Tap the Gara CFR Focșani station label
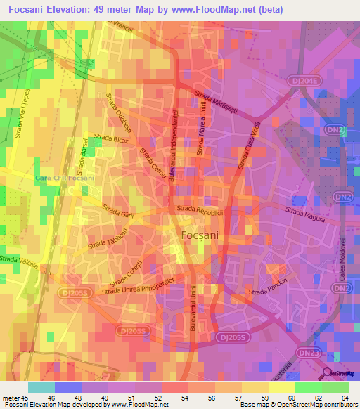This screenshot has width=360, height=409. pos(64,178)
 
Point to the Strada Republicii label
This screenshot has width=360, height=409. pos(200,209)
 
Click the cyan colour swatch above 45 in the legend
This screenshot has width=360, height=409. pos(41,387)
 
